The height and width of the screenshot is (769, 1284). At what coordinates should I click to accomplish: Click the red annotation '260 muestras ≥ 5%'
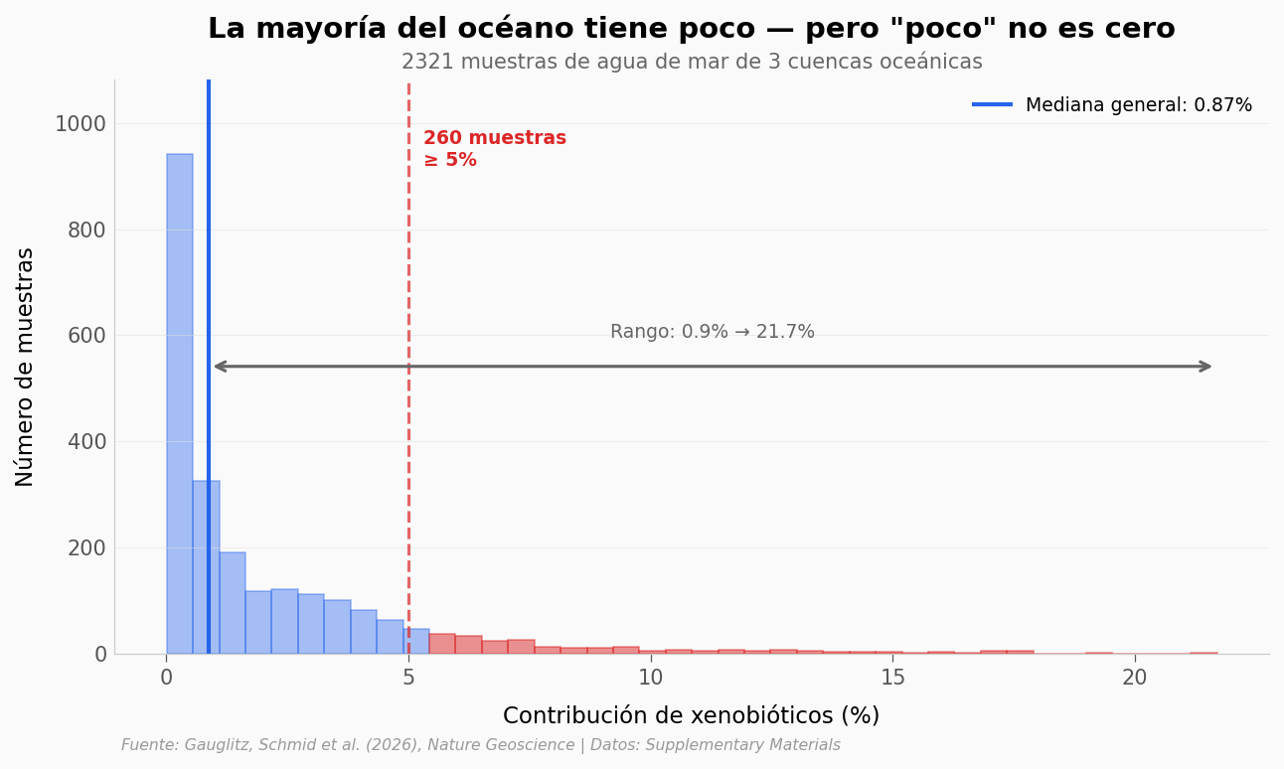click(494, 149)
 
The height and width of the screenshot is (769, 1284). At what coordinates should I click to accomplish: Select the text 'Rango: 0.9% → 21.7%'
click(712, 332)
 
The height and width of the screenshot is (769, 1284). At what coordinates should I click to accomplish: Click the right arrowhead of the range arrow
click(1206, 367)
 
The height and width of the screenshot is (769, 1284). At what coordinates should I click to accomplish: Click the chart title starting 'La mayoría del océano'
click(691, 29)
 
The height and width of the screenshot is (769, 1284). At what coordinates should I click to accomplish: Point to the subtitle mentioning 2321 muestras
click(691, 63)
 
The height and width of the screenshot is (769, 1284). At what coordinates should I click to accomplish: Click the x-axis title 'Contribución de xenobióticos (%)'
click(691, 715)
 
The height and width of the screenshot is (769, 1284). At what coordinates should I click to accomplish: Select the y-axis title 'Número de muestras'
click(26, 367)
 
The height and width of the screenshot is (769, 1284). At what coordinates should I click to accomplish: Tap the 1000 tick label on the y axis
click(80, 124)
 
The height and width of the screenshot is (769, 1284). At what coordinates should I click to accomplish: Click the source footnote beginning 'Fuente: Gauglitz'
click(480, 745)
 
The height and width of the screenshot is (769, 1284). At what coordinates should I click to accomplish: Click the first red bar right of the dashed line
click(442, 644)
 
